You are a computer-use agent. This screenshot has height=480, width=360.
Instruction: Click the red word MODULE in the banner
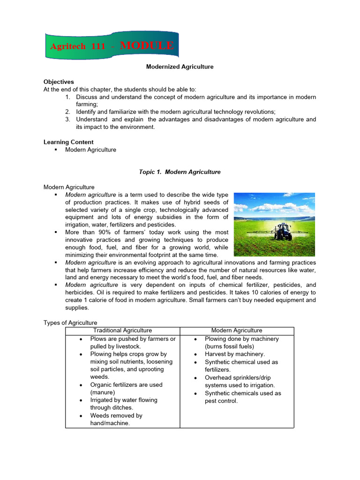[147, 46]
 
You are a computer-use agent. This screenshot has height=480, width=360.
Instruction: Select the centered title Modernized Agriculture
[180, 67]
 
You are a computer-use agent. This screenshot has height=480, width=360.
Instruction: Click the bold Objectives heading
[59, 82]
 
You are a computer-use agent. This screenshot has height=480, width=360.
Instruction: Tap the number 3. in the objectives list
[68, 120]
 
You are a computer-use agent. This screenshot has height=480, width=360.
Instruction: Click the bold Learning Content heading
[68, 142]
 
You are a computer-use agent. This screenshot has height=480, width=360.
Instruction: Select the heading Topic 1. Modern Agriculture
[180, 172]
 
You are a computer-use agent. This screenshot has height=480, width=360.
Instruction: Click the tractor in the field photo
[283, 231]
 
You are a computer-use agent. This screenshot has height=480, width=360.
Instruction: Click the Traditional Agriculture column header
[123, 330]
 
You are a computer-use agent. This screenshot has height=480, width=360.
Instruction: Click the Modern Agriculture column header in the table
[237, 330]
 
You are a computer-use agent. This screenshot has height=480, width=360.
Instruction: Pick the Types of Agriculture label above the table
[70, 322]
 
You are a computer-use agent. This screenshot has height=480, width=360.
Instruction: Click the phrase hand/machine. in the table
[110, 423]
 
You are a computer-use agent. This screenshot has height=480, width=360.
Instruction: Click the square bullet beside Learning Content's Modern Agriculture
[56, 150]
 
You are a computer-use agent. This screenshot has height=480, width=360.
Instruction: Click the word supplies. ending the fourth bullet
[77, 308]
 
